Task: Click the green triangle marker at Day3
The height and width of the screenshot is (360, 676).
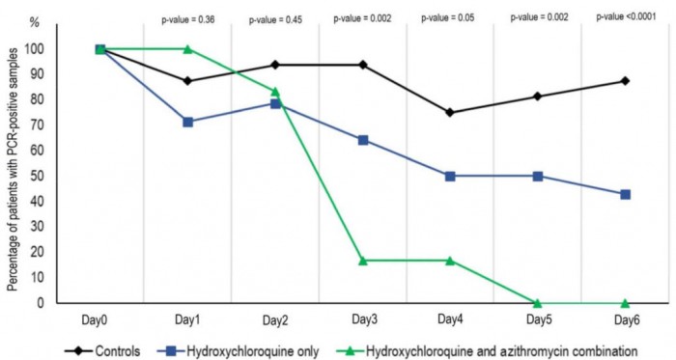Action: [363, 261]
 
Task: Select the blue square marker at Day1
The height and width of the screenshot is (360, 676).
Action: [187, 123]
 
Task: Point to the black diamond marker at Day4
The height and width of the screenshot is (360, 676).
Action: [450, 112]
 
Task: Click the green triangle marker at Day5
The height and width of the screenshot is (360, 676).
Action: [538, 303]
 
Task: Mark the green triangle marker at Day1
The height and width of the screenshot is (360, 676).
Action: [187, 49]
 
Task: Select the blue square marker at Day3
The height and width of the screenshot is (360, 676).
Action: [363, 140]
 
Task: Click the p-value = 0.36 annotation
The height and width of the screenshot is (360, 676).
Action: [186, 16]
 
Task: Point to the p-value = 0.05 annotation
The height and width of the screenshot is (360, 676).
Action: [450, 16]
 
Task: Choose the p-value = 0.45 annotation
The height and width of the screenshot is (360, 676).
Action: [275, 16]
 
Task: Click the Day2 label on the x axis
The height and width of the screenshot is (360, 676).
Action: [275, 319]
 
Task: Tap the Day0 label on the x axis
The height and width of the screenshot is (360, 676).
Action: [100, 319]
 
